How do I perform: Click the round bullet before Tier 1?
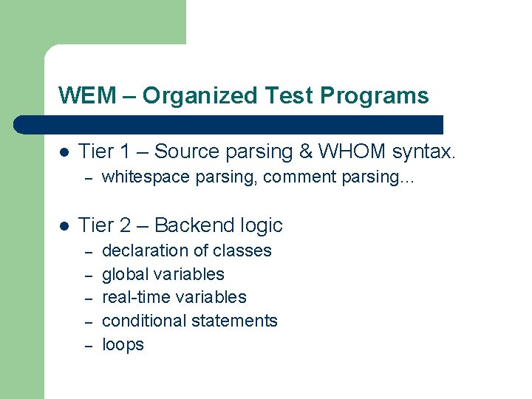tap(64, 152)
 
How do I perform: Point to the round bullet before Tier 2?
tap(64, 225)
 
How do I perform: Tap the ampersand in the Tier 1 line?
tap(304, 152)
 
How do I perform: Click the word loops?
tap(123, 344)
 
